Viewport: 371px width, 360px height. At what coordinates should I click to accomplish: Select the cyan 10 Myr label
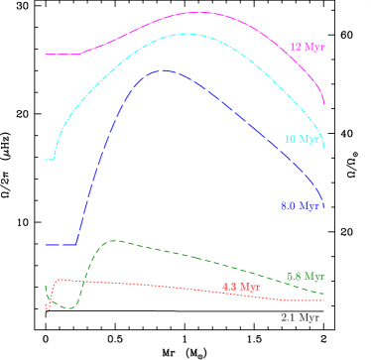pyautogui.click(x=303, y=140)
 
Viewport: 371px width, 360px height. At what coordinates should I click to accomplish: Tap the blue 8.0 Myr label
pyautogui.click(x=300, y=206)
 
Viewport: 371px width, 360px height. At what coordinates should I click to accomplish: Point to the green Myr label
pyautogui.click(x=306, y=276)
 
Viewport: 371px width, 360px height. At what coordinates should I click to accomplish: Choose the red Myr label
pyautogui.click(x=241, y=288)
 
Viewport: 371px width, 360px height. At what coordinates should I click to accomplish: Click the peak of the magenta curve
pyautogui.click(x=198, y=12)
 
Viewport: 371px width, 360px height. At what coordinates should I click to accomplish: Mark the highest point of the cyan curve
pyautogui.click(x=185, y=33)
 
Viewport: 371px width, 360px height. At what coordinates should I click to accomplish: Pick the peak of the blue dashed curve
pyautogui.click(x=162, y=70)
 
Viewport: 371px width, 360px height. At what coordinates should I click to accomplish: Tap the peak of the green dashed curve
pyautogui.click(x=116, y=240)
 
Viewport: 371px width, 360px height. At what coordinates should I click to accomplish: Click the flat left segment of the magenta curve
pyautogui.click(x=62, y=54)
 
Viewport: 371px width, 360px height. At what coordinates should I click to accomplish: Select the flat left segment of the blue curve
pyautogui.click(x=62, y=244)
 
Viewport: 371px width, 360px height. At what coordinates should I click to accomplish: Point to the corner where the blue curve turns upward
pyautogui.click(x=77, y=243)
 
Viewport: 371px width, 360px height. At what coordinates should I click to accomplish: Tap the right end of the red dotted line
pyautogui.click(x=324, y=300)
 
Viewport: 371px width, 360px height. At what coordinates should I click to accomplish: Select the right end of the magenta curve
pyautogui.click(x=324, y=101)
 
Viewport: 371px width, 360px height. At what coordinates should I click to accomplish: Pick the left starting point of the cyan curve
pyautogui.click(x=48, y=159)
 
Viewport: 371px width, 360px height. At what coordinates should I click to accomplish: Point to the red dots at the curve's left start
pyautogui.click(x=49, y=306)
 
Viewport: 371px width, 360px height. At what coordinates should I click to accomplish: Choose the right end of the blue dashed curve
pyautogui.click(x=324, y=197)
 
